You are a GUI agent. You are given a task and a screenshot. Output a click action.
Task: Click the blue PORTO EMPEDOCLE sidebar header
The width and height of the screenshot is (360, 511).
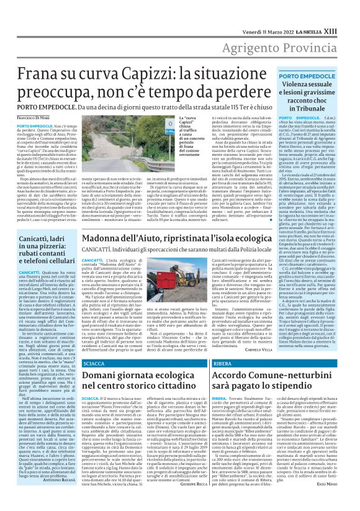(294, 75)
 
